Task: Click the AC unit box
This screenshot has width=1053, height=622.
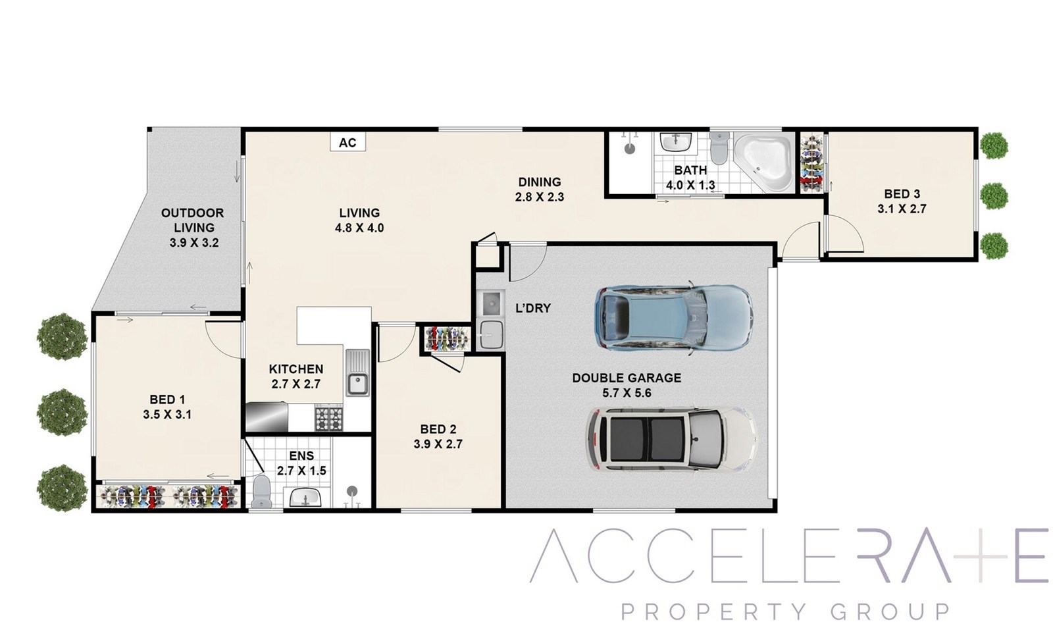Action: coord(348,142)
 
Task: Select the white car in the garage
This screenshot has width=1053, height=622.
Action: coord(671,439)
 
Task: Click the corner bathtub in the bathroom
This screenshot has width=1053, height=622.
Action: coord(764,162)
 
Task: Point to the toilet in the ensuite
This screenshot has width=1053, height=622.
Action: coord(261,491)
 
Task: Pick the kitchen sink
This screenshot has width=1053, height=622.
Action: coord(358,373)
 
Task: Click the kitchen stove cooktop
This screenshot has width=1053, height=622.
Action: coord(329,417)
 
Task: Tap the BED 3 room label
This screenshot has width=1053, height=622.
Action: coord(902,194)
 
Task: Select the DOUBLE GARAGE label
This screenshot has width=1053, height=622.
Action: coord(627,378)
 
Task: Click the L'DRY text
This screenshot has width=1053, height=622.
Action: coord(533,309)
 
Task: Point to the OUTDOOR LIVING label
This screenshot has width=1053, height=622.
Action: coord(193,220)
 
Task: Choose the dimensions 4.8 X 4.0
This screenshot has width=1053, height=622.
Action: coord(359,228)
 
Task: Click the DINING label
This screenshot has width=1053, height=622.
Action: coord(540,182)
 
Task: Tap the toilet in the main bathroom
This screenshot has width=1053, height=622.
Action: coord(719,147)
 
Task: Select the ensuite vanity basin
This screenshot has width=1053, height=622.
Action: coord(305,497)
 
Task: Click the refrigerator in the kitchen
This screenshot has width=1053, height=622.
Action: coord(267,417)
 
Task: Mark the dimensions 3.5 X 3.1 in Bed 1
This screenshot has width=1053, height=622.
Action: coord(167,415)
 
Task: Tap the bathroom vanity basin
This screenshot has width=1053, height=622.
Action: coord(676,142)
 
